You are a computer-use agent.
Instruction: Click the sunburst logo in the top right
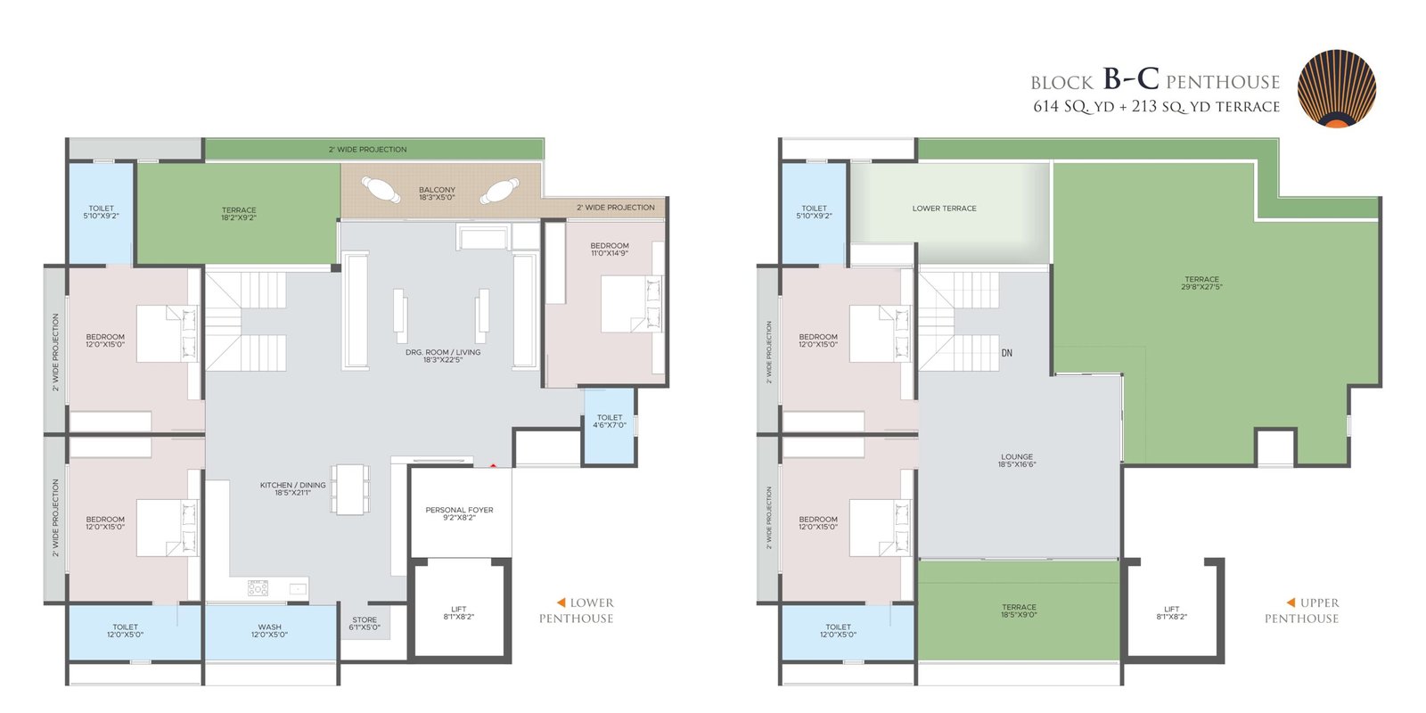(x=1336, y=89)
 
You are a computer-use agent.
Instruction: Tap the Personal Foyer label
(x=459, y=513)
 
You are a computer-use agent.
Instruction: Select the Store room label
(x=365, y=623)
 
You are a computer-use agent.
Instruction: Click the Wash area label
(x=269, y=631)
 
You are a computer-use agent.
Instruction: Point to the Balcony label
(x=437, y=193)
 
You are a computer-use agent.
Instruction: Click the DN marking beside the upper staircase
(x=1006, y=353)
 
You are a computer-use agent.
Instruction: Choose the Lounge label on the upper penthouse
(x=1017, y=460)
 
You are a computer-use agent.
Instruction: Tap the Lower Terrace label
(x=944, y=209)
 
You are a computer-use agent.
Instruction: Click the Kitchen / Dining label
(x=292, y=488)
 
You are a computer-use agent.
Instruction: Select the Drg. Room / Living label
(x=442, y=356)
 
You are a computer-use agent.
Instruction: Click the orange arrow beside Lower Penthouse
(x=561, y=602)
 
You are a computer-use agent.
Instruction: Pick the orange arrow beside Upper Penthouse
(x=1291, y=602)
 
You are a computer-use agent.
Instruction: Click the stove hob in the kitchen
(x=258, y=587)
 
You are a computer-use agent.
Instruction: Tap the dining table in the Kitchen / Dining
(x=349, y=489)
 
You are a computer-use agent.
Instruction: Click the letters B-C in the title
(x=1131, y=78)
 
